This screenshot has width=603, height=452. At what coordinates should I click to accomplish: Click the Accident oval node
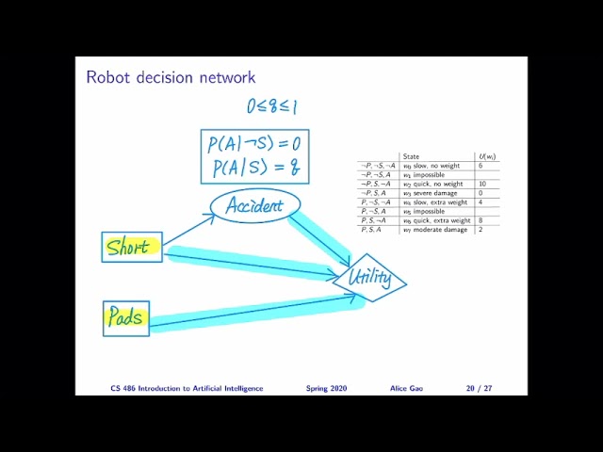(254, 205)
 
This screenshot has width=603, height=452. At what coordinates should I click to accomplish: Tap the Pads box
(126, 317)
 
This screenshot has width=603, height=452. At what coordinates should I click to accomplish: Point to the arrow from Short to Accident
(187, 228)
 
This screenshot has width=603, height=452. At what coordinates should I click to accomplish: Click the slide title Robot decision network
(171, 76)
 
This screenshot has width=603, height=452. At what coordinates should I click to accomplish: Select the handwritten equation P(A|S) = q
(254, 169)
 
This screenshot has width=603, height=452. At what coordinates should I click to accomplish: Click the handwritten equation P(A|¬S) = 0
(254, 144)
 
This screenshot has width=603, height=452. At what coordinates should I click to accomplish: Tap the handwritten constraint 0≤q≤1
(271, 106)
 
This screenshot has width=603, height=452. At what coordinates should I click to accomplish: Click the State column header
(411, 156)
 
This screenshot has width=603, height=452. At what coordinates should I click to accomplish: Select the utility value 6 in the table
(481, 166)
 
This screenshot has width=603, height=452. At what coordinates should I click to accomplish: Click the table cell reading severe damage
(434, 193)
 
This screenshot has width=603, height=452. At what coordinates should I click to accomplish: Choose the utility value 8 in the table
(481, 220)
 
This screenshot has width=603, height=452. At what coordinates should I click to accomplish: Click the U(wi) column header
(487, 156)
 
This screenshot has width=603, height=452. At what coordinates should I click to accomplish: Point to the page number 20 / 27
(479, 388)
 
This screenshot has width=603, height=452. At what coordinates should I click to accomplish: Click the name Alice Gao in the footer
(407, 388)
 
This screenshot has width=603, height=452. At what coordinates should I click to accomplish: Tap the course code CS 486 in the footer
(123, 388)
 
